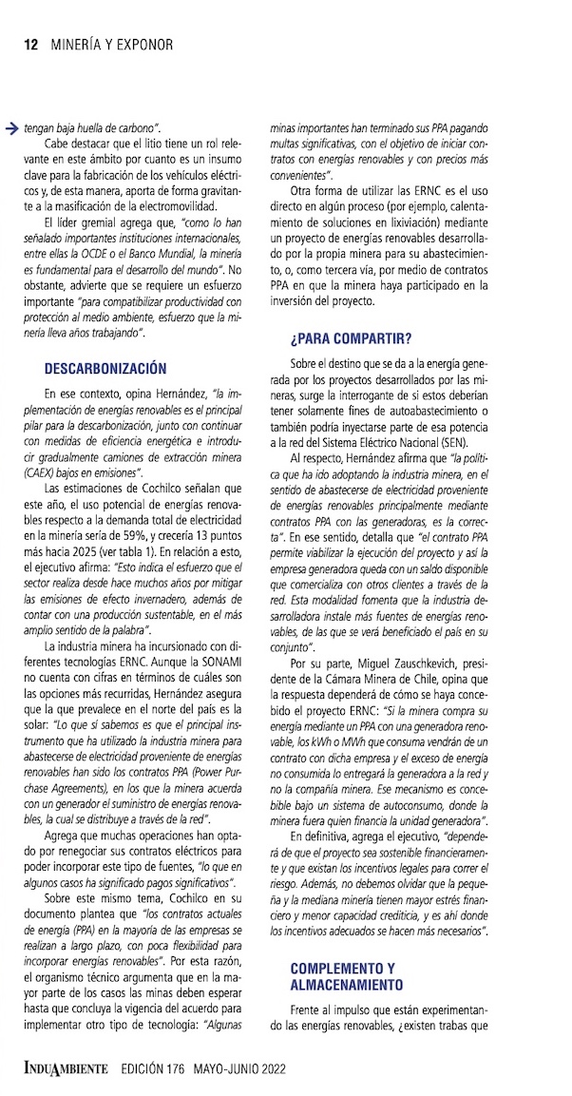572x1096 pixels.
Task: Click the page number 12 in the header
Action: pos(29,44)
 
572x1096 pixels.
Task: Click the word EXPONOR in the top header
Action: pos(143,44)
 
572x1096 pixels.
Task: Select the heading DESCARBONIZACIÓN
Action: pos(105,369)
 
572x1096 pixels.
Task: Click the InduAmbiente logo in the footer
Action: pos(66,1069)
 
